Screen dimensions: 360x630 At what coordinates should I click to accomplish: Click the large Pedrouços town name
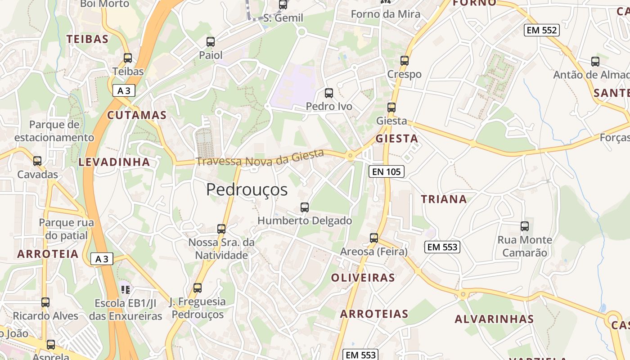pos(247,190)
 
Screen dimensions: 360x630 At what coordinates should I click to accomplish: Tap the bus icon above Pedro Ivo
pos(329,93)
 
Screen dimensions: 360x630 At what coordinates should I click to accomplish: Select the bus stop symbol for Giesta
pos(391,108)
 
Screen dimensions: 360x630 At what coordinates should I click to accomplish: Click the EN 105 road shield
pos(387,171)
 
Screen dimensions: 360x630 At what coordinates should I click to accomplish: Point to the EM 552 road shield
pos(541,31)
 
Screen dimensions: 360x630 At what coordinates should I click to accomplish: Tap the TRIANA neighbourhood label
pos(444,199)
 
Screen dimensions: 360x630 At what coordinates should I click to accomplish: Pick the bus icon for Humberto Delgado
pos(305,207)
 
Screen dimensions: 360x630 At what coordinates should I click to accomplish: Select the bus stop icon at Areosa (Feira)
pos(374,238)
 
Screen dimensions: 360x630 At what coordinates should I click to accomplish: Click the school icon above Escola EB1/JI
pos(125,289)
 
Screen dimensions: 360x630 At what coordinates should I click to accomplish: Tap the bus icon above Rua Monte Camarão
pos(525,226)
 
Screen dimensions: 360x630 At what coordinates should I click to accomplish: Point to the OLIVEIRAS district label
pos(363,278)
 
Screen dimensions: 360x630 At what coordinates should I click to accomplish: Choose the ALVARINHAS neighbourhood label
pos(494,319)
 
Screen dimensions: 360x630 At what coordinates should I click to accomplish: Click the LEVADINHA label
pos(114,162)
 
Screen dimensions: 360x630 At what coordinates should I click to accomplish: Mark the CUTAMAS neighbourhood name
pos(137,115)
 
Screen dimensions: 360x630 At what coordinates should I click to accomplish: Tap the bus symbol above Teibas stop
pos(128,58)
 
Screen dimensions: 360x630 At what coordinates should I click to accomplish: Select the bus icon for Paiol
pos(211,42)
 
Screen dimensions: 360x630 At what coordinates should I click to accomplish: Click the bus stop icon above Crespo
pos(405,61)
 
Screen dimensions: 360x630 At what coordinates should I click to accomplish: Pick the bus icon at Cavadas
pos(37,161)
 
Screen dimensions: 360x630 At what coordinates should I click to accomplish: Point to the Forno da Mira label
pos(386,14)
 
